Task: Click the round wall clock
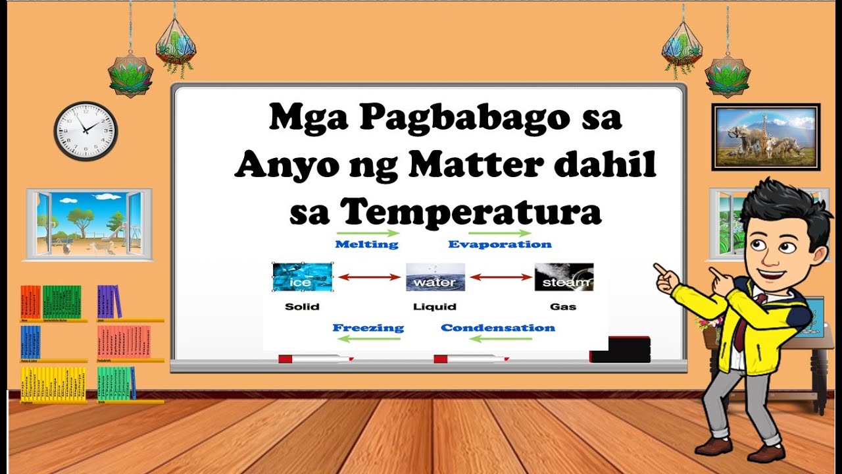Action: (x=86, y=131)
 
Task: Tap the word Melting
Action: (x=366, y=244)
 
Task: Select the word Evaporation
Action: (x=500, y=244)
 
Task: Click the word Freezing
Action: (x=368, y=327)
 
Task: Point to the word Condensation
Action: (x=498, y=327)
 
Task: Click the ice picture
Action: (x=303, y=277)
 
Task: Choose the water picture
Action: (x=435, y=277)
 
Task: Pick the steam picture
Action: (x=564, y=277)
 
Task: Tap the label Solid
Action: (x=302, y=306)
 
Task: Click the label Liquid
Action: (x=434, y=306)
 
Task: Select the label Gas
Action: (x=563, y=306)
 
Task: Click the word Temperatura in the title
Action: (x=471, y=212)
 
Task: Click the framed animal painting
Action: (x=766, y=137)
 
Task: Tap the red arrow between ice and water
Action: (x=369, y=277)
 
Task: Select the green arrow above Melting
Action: (x=367, y=232)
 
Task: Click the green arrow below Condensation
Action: (x=500, y=339)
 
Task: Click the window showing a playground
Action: (x=89, y=224)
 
